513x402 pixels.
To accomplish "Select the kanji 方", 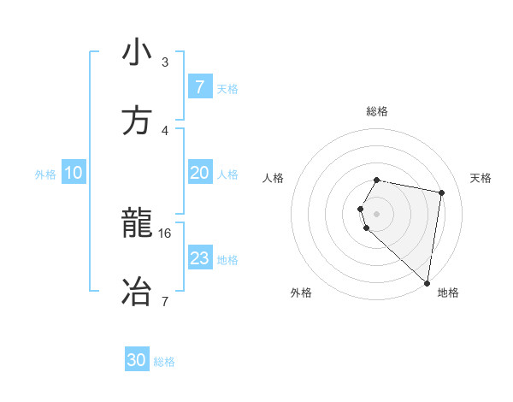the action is pyautogui.click(x=137, y=121).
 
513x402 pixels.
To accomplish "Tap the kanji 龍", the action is pyautogui.click(x=137, y=224).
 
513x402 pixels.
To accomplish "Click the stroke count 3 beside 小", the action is pyautogui.click(x=165, y=62).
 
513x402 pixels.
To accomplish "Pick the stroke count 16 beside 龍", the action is pyautogui.click(x=165, y=233).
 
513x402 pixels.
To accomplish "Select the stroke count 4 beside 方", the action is pyautogui.click(x=165, y=130).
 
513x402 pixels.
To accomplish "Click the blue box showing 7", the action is pyautogui.click(x=199, y=87).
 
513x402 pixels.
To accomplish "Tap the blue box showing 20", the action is pyautogui.click(x=199, y=173).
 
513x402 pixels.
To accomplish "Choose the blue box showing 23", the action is pyautogui.click(x=199, y=258).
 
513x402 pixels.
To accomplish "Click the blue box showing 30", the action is pyautogui.click(x=137, y=360).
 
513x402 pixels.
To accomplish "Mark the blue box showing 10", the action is pyautogui.click(x=73, y=173).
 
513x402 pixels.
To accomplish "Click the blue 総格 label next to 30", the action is pyautogui.click(x=164, y=362).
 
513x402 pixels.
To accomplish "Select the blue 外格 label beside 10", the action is pyautogui.click(x=45, y=174).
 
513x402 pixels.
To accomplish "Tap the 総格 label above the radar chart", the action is pyautogui.click(x=377, y=111).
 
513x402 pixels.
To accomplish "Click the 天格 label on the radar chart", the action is pyautogui.click(x=481, y=178).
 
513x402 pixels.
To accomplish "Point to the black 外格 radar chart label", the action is pyautogui.click(x=301, y=293).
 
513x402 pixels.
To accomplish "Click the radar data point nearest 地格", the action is pyautogui.click(x=427, y=282).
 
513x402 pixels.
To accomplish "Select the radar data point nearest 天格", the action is pyautogui.click(x=441, y=193).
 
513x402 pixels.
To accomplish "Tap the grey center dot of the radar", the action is pyautogui.click(x=377, y=213).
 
